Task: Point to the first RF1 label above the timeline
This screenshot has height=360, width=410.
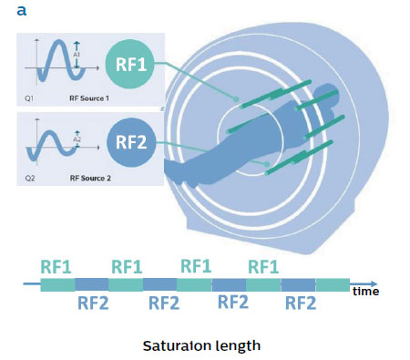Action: pyautogui.click(x=56, y=265)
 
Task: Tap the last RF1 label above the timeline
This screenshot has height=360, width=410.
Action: pyautogui.click(x=265, y=265)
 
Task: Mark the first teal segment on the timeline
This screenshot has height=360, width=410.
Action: pyautogui.click(x=57, y=285)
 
